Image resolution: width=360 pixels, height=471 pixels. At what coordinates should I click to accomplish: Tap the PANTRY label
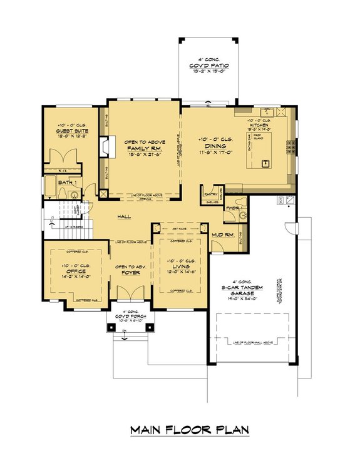[x=210, y=195]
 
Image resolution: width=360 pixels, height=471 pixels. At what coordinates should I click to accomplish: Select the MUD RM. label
[x=223, y=235]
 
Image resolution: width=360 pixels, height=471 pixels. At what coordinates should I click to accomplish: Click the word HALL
[x=123, y=217]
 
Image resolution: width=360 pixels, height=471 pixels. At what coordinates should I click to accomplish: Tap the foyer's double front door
[x=130, y=295]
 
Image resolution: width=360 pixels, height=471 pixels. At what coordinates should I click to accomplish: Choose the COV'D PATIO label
[x=208, y=64]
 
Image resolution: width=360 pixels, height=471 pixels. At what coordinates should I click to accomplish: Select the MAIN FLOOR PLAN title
[x=189, y=430]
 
